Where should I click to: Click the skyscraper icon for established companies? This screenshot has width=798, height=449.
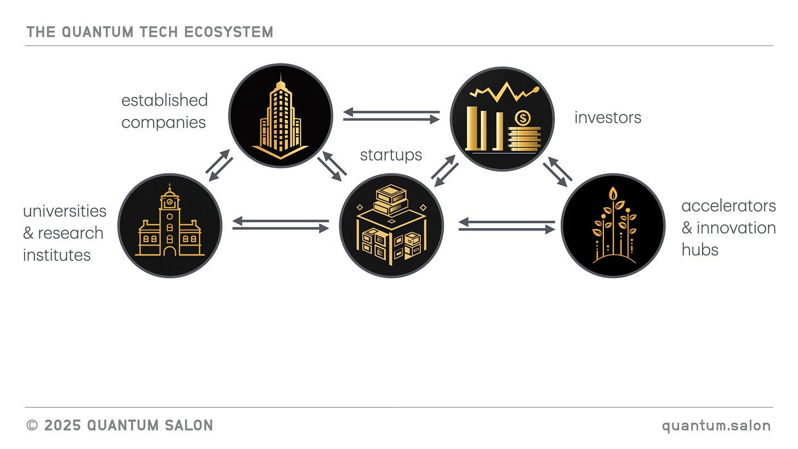coord(280,116)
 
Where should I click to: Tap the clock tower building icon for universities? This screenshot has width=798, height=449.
coord(170,225)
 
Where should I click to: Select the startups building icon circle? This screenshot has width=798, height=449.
coord(391,225)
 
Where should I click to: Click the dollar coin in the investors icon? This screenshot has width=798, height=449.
coord(523,118)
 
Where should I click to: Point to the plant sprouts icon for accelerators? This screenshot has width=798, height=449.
coord(613,225)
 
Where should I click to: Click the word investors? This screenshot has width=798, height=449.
coord(607,117)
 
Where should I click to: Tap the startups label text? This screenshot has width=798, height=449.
coord(391,155)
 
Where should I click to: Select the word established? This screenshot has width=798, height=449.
coord(164,100)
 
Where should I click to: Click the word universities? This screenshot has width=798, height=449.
coord(65,211)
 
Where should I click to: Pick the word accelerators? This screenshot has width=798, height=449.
coord(728,206)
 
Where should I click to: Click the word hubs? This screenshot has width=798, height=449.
coord(699,249)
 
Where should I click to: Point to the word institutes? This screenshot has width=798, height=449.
coord(56,254)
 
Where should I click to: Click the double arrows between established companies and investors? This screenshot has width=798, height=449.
coord(391,115)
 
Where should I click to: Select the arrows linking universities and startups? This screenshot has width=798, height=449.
coord(281,225)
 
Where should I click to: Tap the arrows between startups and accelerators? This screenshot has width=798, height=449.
coord(507,225)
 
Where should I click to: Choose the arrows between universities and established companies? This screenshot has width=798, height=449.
coord(219,165)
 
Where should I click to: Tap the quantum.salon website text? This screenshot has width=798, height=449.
coord(716,425)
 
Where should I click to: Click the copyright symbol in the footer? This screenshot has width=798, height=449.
coord(32,425)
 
